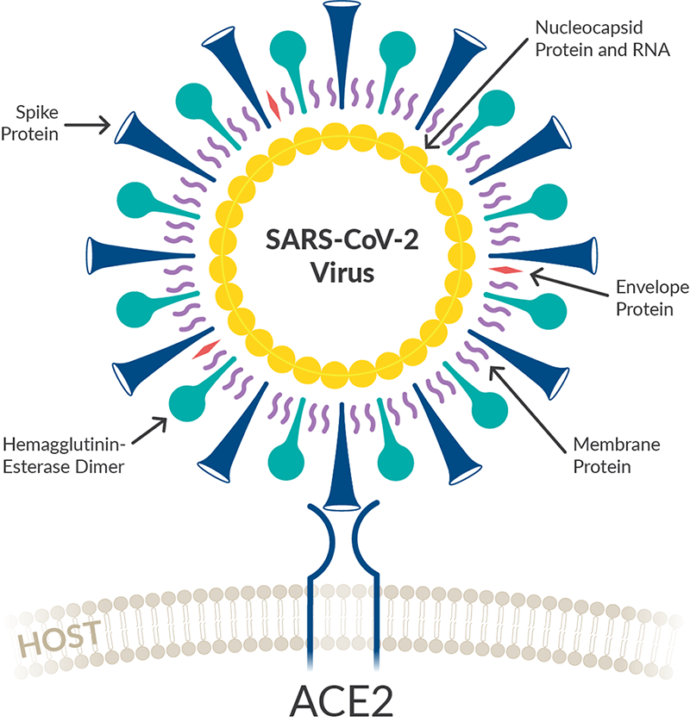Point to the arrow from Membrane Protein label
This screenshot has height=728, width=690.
pos(529,404)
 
